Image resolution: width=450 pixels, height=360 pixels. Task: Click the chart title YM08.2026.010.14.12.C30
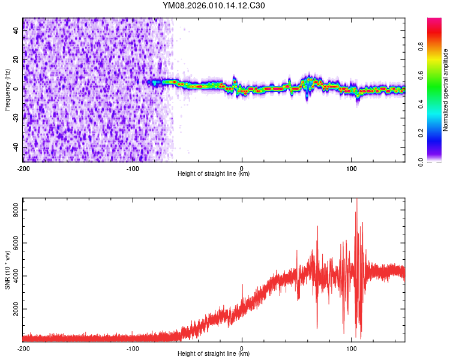click(x=214, y=6)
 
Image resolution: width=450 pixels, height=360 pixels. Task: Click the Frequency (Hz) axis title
click(x=7, y=90)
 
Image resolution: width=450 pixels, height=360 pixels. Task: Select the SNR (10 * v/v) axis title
click(x=7, y=269)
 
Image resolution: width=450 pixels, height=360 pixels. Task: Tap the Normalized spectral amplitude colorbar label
click(x=446, y=90)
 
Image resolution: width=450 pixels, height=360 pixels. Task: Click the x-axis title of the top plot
click(x=214, y=174)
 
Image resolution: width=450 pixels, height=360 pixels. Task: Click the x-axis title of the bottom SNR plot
click(x=214, y=354)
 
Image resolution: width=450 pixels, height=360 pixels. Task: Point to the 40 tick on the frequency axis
click(x=17, y=31)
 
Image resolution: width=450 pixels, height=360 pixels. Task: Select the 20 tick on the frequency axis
click(x=17, y=60)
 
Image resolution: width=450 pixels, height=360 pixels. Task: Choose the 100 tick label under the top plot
click(x=351, y=169)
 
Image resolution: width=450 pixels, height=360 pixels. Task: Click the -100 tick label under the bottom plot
click(x=133, y=349)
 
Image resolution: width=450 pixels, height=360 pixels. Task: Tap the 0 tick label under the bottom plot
click(x=242, y=349)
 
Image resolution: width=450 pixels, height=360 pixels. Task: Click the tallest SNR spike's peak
click(x=357, y=199)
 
